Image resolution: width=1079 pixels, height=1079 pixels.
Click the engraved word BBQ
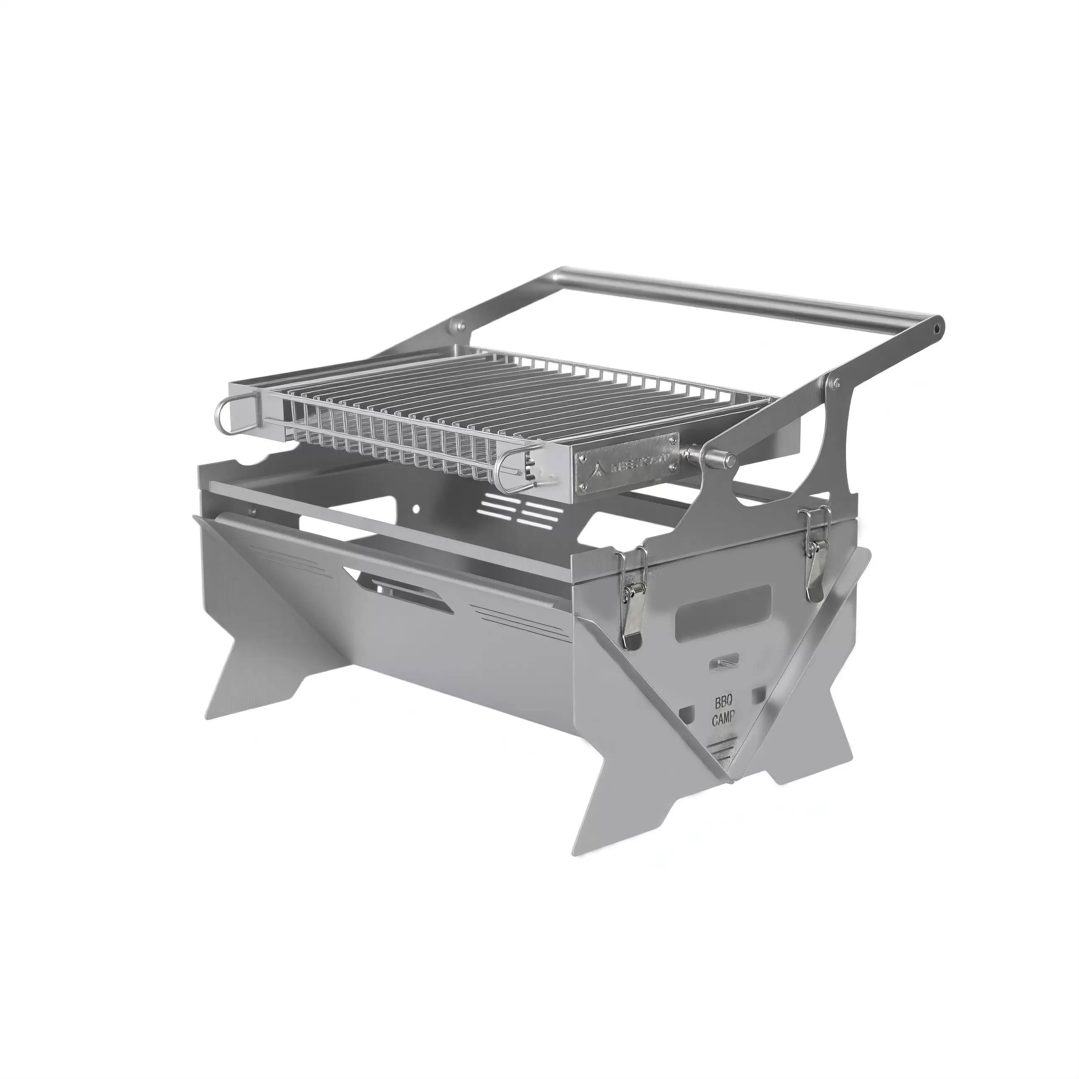724,702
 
